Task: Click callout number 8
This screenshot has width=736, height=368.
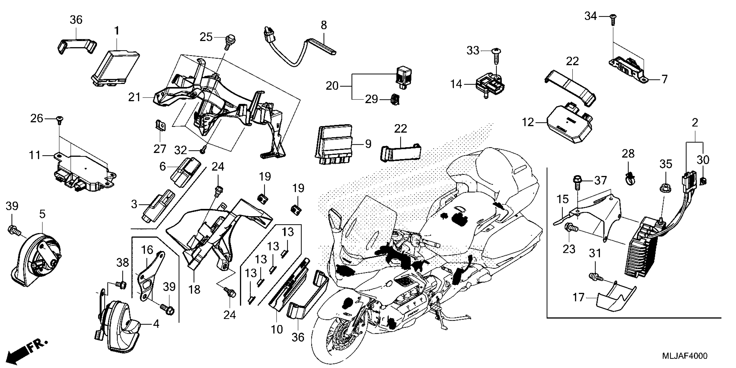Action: click(323, 25)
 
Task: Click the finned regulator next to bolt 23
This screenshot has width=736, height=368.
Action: click(641, 251)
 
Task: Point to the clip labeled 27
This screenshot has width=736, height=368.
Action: click(161, 126)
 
